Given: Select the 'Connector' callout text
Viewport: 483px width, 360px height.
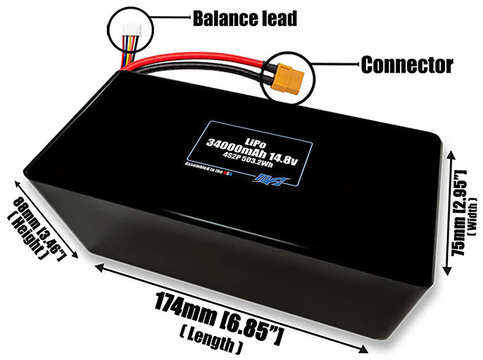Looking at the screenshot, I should click(406, 66).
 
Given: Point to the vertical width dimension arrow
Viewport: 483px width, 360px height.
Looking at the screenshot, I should click(445, 211).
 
